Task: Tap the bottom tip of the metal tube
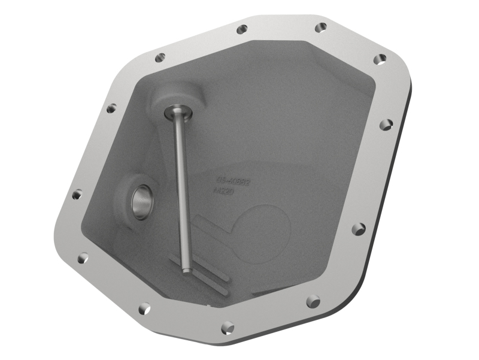187,270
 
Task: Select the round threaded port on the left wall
143,202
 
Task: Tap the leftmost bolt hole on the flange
77,195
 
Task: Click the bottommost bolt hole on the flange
228,327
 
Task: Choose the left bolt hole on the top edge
241,29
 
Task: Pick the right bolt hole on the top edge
321,28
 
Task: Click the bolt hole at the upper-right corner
380,59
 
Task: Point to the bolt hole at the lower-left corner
144,309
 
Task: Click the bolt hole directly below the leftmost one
83,258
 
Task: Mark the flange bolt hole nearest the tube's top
160,58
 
